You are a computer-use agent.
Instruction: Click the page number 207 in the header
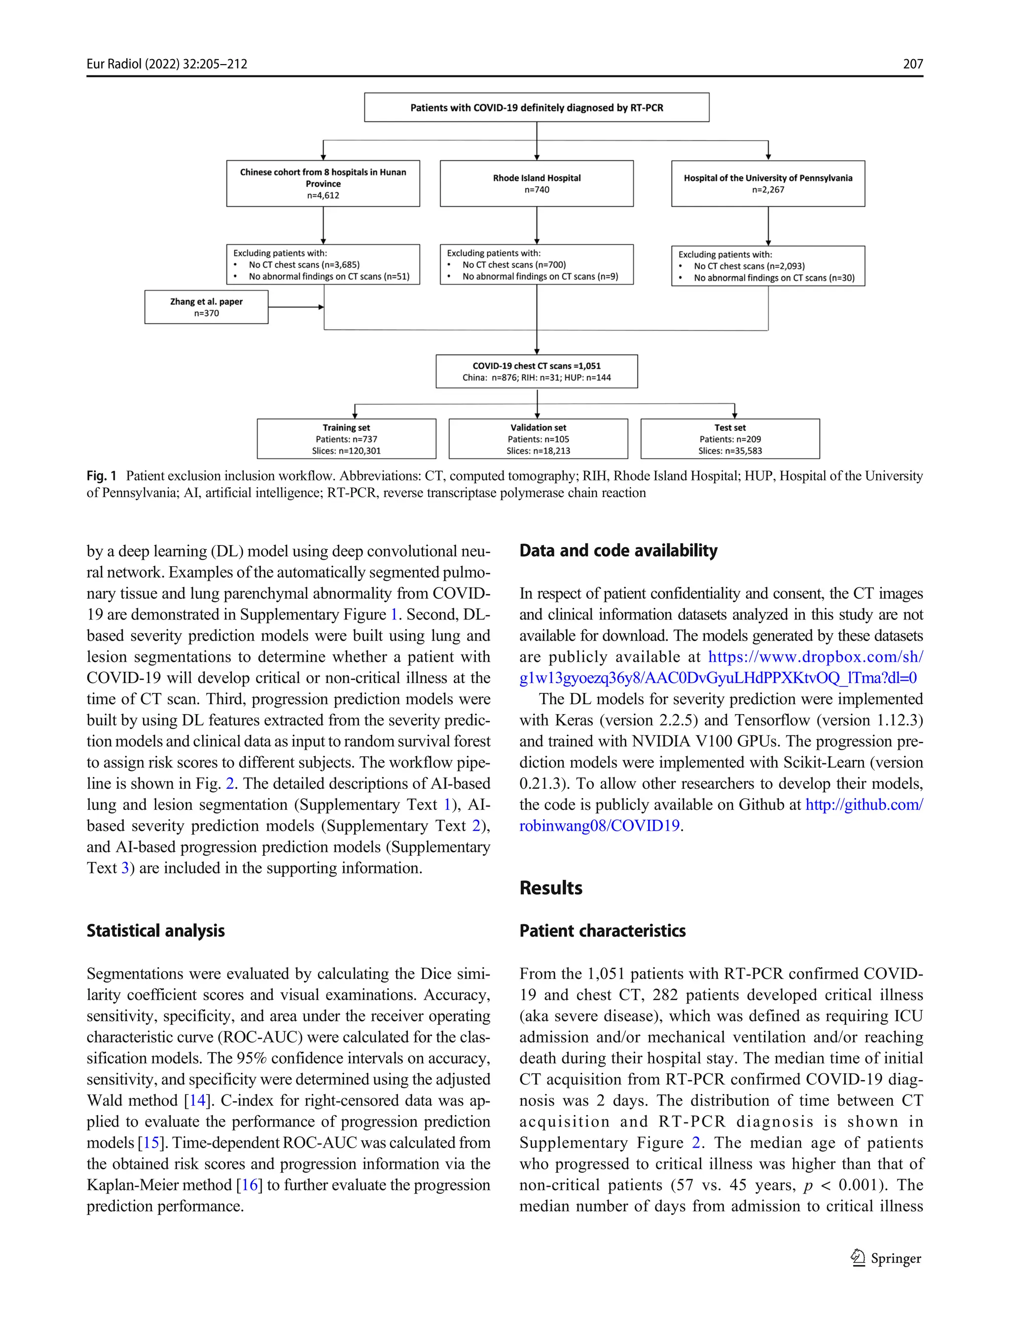coord(912,64)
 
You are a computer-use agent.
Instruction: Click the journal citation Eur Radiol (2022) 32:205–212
coord(167,64)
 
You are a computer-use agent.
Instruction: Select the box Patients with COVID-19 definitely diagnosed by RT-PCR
coord(536,108)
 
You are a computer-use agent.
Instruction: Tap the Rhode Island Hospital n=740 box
coord(536,183)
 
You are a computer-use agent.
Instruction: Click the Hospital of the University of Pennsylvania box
coord(767,183)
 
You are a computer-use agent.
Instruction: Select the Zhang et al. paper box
coord(206,307)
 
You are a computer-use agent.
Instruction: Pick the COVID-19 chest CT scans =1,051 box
coord(536,371)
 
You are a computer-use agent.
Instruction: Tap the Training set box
coord(346,438)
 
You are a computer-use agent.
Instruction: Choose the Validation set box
coord(538,438)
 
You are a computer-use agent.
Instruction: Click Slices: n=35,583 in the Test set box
coord(730,451)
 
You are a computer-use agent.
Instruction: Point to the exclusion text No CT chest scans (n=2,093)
coord(749,266)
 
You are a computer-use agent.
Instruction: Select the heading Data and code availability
coord(618,550)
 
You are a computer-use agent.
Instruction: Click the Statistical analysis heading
coord(155,931)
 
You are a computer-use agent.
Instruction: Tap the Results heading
coord(550,888)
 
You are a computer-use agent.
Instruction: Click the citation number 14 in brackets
coord(197,1100)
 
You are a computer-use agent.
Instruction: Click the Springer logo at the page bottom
coord(886,1258)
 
